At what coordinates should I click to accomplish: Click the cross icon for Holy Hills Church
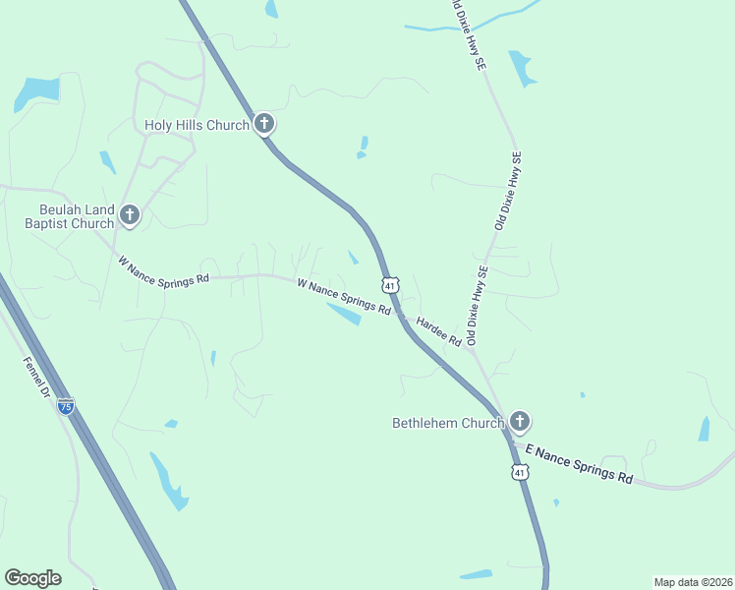point(263,124)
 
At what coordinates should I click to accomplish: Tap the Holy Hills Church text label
point(197,125)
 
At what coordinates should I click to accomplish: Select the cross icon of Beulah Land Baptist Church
point(129,215)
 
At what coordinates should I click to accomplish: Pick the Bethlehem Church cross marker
point(519,423)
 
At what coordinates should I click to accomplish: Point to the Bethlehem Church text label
point(447,424)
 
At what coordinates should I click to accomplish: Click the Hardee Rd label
point(438,330)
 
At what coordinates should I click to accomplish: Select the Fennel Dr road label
point(36,378)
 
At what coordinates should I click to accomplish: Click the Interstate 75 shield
point(66,406)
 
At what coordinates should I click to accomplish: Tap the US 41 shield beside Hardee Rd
point(390,285)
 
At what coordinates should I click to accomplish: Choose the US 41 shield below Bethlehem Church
point(519,473)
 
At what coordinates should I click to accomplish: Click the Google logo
point(32,578)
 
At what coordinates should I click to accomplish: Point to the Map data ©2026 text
point(693,581)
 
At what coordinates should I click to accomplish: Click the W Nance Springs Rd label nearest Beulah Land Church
point(163,270)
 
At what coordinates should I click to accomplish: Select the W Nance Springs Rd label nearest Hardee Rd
point(343,295)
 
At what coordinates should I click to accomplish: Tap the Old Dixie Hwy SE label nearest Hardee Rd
point(478,306)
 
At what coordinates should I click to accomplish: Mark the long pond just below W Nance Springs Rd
point(344,315)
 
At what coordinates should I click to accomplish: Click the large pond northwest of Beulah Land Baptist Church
point(36,92)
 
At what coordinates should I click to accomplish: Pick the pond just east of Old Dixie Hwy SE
point(520,67)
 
